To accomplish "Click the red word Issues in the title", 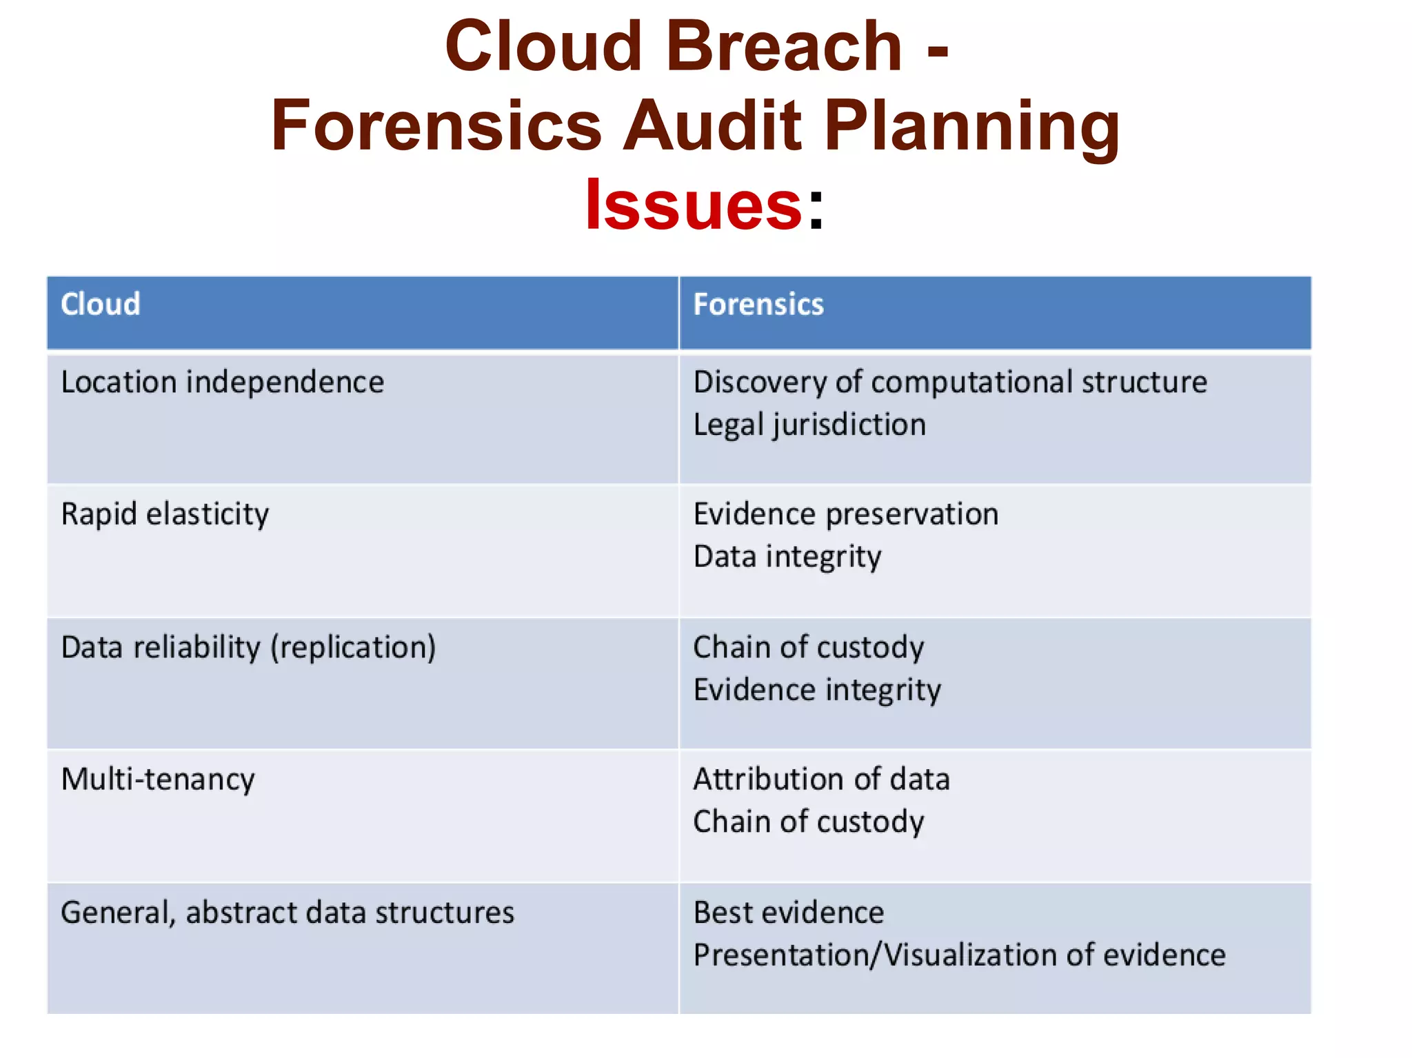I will click(693, 205).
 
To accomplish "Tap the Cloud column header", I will click(101, 305).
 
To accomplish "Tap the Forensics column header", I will click(758, 305).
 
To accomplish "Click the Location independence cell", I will click(222, 383).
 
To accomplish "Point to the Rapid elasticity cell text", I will click(165, 514).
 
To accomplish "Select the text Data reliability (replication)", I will click(248, 647).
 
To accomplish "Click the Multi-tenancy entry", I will click(158, 780).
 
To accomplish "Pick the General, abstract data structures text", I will click(288, 913).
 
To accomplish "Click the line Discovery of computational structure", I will click(950, 383).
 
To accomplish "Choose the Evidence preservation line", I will click(846, 514).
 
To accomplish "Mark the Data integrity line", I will click(787, 557).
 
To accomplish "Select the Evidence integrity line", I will click(817, 690).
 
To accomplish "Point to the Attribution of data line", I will click(821, 780).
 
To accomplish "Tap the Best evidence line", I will click(789, 913).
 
